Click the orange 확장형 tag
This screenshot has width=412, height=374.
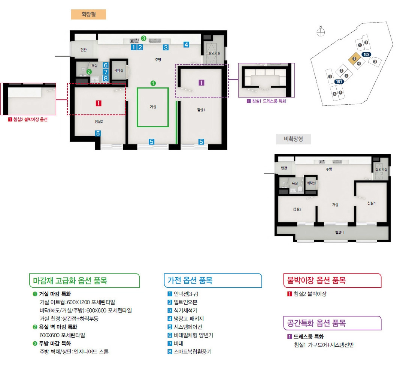88,15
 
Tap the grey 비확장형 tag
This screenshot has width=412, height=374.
293,139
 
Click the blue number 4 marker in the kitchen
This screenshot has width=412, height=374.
186,45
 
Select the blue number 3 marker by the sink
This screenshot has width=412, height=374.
166,47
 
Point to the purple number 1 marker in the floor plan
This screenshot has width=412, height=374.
201,83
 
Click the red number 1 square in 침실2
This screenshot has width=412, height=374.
99,103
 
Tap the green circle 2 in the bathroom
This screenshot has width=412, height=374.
89,72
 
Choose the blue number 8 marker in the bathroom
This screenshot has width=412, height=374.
106,78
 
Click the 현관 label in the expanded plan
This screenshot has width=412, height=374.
84,50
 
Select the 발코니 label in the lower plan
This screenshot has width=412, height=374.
339,233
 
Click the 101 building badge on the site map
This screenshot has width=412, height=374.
339,82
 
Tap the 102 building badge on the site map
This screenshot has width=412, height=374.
367,54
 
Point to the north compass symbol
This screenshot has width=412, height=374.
321,32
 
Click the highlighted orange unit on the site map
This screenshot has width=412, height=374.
354,59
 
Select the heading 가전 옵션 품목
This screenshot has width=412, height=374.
190,280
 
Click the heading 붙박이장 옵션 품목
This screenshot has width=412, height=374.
316,280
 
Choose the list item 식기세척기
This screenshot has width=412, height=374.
185,310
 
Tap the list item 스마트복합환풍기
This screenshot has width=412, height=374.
193,351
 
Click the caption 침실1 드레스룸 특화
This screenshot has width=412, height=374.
269,101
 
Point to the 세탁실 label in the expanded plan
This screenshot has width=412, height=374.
119,70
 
